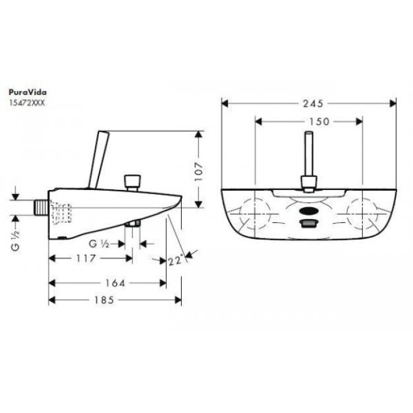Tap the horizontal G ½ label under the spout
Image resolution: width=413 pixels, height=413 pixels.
click(99, 244)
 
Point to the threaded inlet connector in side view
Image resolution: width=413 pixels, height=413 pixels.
click(40, 207)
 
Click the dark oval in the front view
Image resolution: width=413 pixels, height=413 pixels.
click(309, 211)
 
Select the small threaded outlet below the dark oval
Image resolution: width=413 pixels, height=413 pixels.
click(309, 224)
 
